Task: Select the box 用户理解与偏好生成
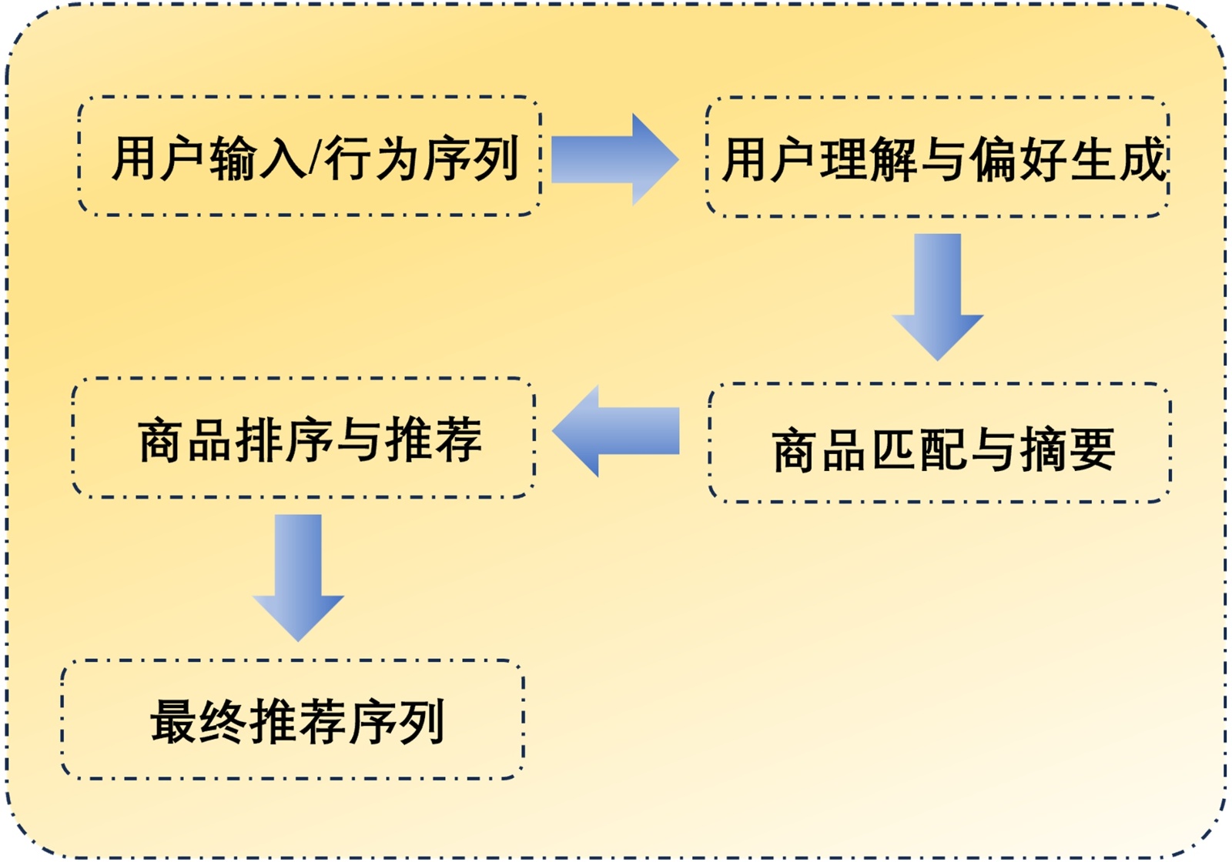(937, 157)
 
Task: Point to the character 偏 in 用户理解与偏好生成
(993, 160)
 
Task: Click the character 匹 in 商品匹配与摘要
(894, 450)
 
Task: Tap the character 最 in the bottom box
(173, 722)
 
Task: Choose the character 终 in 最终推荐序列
(223, 722)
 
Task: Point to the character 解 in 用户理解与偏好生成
(893, 160)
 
